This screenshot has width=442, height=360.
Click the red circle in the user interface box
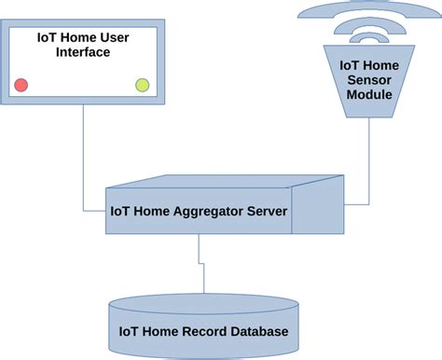21,86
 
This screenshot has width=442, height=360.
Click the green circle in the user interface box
142,86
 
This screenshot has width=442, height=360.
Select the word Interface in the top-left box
82,53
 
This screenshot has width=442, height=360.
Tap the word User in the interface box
116,37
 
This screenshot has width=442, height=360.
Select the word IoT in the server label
119,210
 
